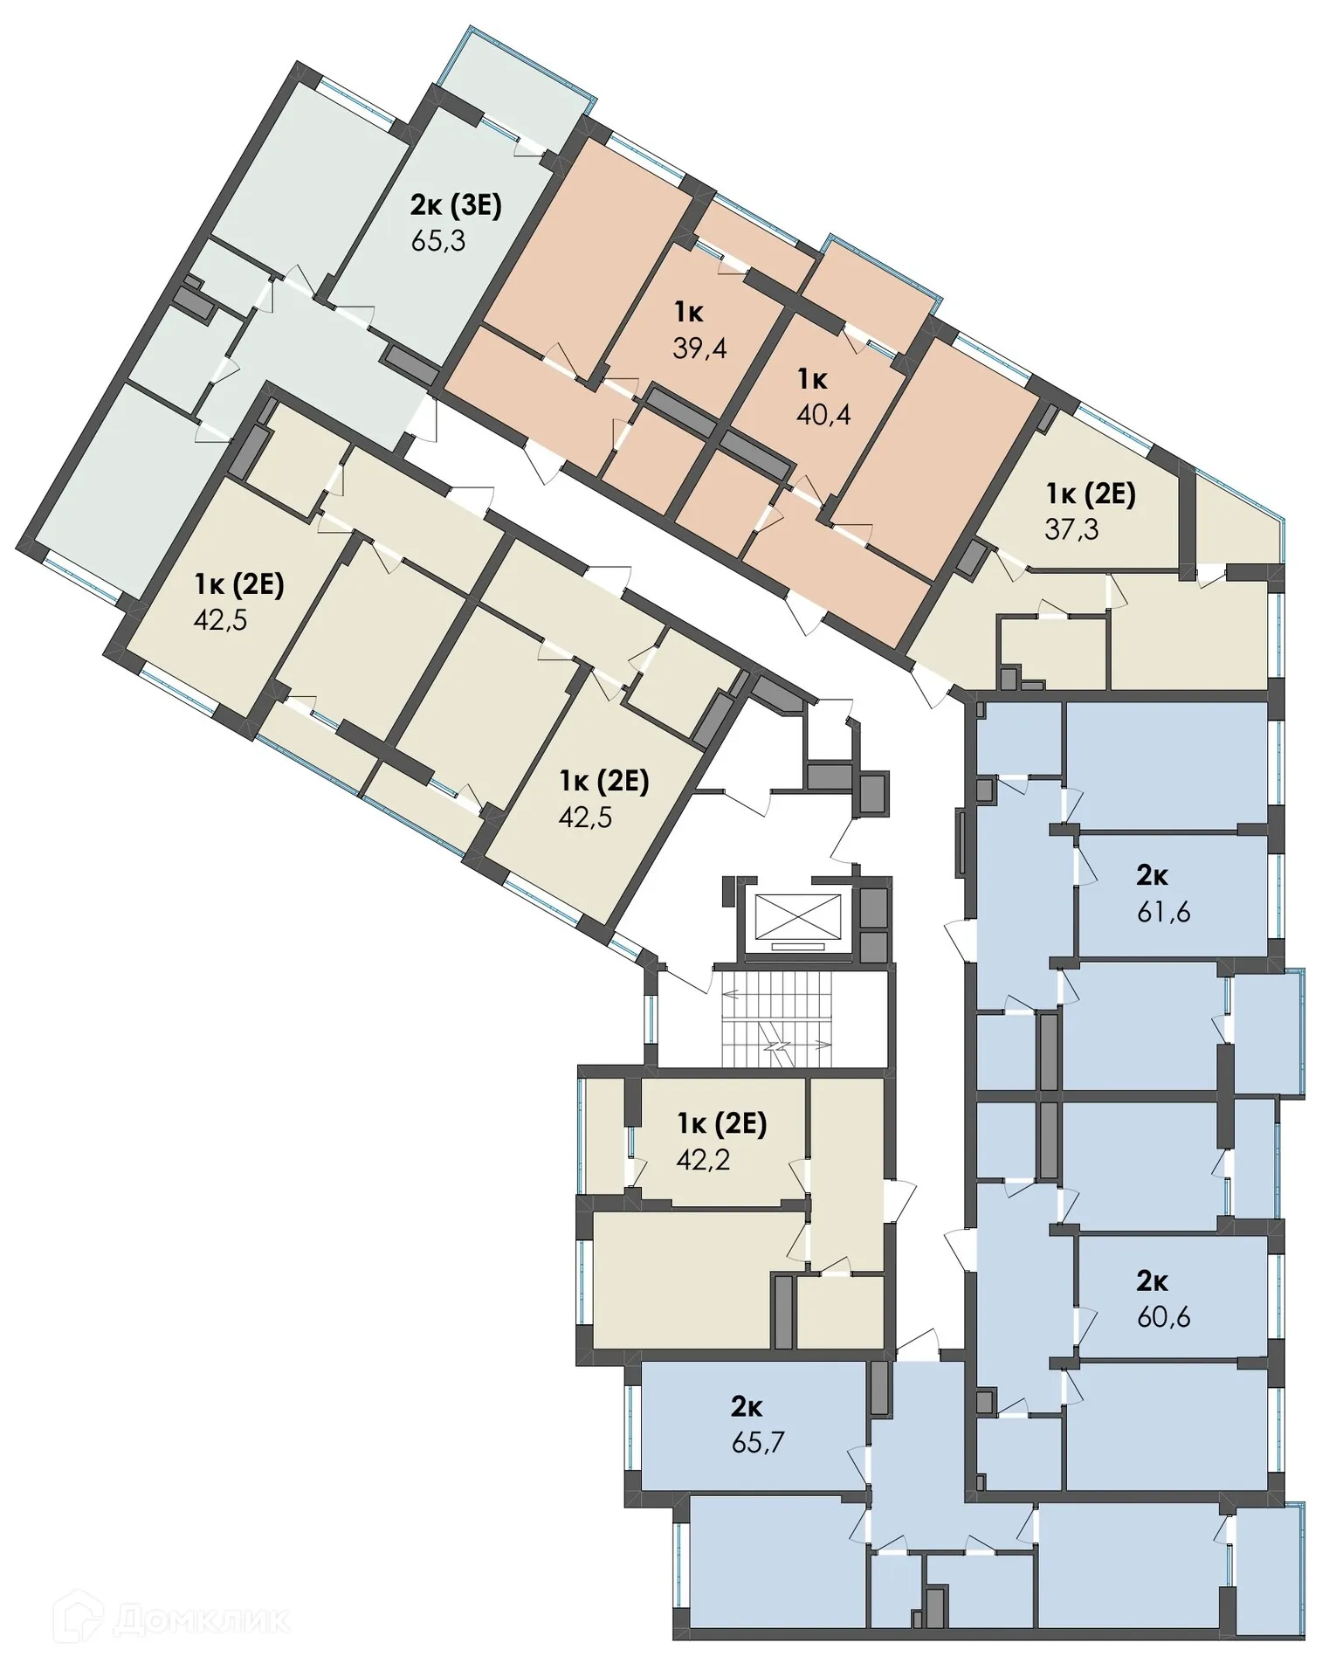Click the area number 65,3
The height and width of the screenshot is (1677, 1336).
tap(437, 240)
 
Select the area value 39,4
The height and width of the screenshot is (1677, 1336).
tap(699, 348)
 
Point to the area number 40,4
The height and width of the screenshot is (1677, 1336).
tap(823, 414)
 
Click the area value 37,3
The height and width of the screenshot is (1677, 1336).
tap(1071, 528)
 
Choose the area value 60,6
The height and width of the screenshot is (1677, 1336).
tap(1163, 1316)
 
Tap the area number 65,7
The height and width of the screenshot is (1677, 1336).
tap(758, 1442)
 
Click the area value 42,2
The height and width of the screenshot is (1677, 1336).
tap(703, 1159)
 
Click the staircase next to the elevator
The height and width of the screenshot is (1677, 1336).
tap(777, 1019)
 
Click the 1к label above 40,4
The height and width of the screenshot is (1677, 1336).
tap(811, 378)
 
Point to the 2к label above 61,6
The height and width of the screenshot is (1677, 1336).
tap(1152, 874)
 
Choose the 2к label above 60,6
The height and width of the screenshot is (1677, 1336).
tap(1152, 1280)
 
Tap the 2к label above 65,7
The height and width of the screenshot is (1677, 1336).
tap(747, 1406)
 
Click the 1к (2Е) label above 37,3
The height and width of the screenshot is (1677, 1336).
tap(1091, 493)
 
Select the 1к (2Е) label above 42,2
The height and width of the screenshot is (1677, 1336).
tap(722, 1123)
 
